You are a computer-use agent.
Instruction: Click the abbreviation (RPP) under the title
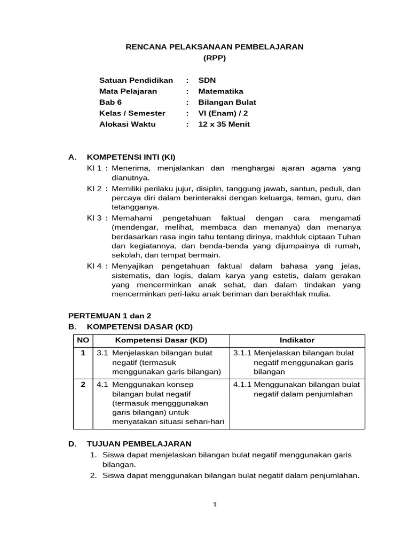(215, 58)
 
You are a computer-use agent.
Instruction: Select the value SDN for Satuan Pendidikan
(207, 80)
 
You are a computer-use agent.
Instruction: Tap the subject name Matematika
(220, 91)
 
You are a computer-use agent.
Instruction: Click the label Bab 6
(111, 102)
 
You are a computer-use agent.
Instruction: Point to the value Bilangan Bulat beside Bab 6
(227, 102)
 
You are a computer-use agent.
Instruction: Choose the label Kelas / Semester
(132, 113)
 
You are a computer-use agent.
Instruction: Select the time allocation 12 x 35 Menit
(224, 124)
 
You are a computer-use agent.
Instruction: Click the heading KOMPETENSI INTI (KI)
(131, 157)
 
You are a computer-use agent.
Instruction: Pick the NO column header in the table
(83, 340)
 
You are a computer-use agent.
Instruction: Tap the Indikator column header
(297, 340)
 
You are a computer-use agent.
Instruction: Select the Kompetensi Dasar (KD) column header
(161, 340)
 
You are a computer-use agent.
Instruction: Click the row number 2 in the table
(83, 385)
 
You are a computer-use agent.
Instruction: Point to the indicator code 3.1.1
(242, 353)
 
